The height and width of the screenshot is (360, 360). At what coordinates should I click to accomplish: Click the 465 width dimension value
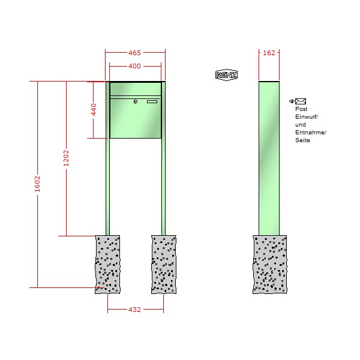click(134, 53)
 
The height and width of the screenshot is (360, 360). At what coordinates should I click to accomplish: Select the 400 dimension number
click(134, 66)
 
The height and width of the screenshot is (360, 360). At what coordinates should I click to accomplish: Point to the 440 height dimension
click(94, 110)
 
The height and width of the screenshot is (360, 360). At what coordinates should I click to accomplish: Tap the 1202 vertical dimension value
click(66, 158)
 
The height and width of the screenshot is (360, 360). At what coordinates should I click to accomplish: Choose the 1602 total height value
click(37, 184)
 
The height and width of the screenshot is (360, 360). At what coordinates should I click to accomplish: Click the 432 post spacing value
click(134, 310)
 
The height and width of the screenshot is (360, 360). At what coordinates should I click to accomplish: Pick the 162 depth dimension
click(269, 53)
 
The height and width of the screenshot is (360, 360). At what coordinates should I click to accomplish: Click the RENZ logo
click(226, 75)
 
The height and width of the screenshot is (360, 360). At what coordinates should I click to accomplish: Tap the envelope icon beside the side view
click(301, 101)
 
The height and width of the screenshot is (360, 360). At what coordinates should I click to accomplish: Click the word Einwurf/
click(307, 117)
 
